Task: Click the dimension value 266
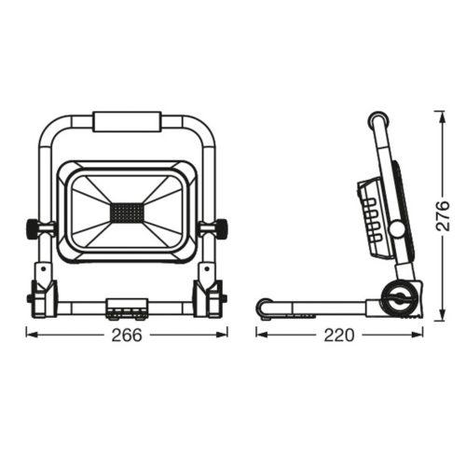pyautogui.click(x=127, y=335)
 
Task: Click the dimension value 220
pyautogui.click(x=339, y=335)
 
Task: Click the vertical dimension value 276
pyautogui.click(x=443, y=215)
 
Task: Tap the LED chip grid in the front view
pyautogui.click(x=127, y=212)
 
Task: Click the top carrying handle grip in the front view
pyautogui.click(x=127, y=122)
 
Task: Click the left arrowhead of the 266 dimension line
pyautogui.click(x=31, y=335)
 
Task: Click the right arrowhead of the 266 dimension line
pyautogui.click(x=222, y=335)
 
